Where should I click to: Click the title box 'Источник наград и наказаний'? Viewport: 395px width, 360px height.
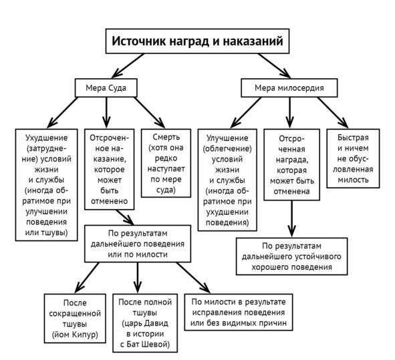[197, 41]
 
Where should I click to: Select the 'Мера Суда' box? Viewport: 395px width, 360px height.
[106, 88]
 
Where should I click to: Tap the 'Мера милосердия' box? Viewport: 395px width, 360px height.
[289, 88]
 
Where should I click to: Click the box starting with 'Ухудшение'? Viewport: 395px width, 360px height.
[46, 185]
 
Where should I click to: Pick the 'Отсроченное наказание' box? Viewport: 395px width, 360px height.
[110, 170]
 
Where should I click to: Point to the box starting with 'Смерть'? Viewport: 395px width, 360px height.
[166, 163]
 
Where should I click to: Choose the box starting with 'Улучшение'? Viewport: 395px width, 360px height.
[227, 180]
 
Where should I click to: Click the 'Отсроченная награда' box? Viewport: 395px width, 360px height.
[291, 165]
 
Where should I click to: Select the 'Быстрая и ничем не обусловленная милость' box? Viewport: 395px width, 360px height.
[353, 158]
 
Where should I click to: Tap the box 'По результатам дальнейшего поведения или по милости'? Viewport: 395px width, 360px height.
[138, 244]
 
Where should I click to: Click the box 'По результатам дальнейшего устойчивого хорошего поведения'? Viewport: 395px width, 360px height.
[291, 256]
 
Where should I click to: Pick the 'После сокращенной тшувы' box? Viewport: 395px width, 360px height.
[75, 319]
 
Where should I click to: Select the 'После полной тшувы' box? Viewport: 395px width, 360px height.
[145, 323]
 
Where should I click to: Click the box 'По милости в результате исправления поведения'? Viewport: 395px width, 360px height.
[239, 312]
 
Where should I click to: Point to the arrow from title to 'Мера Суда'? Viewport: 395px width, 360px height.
[128, 65]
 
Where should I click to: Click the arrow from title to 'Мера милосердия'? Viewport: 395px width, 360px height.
[274, 65]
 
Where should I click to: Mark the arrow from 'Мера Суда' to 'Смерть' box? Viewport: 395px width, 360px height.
[150, 113]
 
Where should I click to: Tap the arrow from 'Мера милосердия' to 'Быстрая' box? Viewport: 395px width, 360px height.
[333, 113]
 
